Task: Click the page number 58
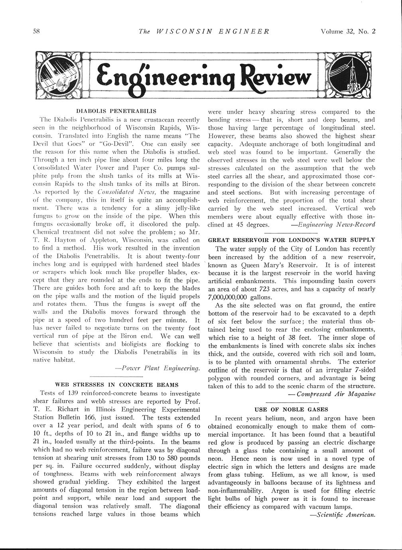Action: [35, 32]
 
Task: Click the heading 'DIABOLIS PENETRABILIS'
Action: [116, 110]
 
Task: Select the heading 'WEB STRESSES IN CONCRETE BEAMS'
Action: [116, 384]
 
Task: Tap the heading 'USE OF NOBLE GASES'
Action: [291, 409]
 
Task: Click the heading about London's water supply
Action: [292, 240]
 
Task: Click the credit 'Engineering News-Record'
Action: [333, 224]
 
